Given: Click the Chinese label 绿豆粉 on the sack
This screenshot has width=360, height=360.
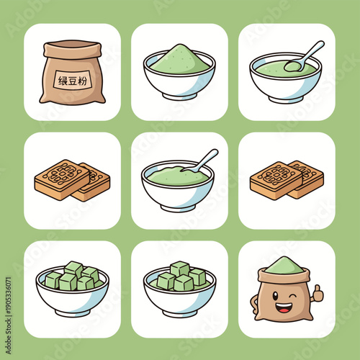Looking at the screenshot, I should point(71,81).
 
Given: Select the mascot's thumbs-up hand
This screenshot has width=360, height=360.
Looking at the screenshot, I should point(316,292).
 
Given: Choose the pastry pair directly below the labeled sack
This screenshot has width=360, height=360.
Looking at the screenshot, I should point(71,180).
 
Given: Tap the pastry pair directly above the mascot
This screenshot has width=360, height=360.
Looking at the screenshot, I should point(287,180).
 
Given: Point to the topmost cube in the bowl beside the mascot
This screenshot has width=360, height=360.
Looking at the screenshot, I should point(179,269).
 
